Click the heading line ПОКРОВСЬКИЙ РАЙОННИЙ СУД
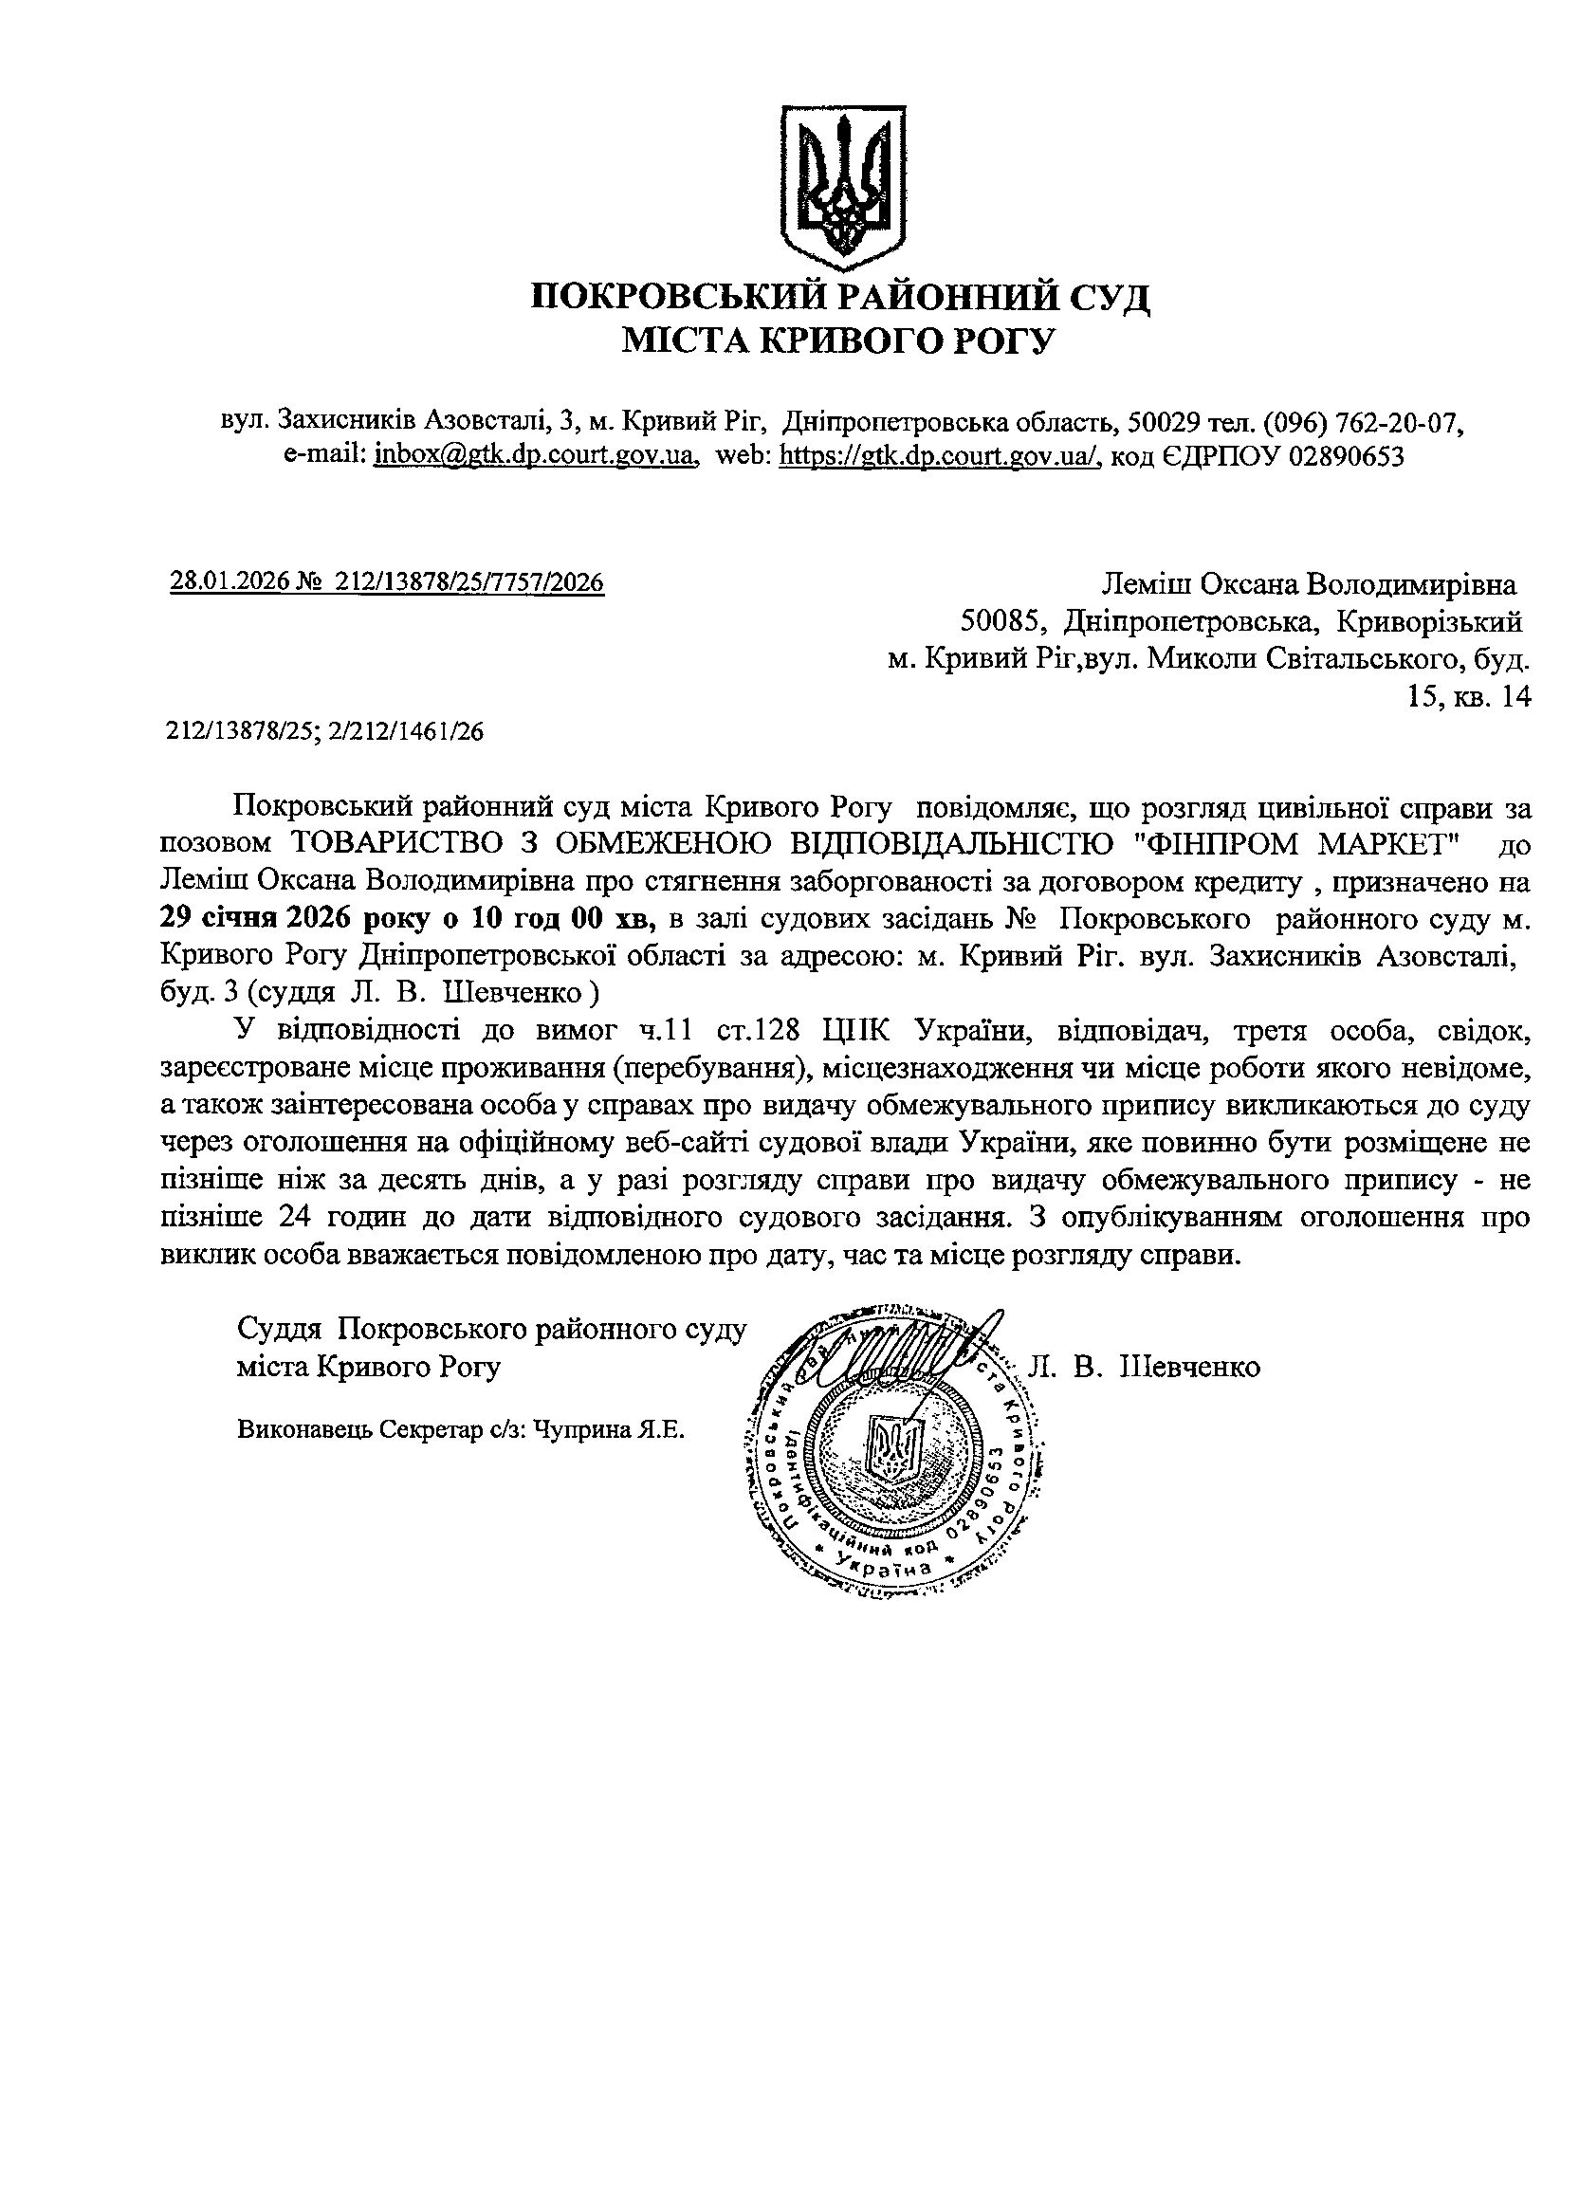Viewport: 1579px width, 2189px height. point(840,295)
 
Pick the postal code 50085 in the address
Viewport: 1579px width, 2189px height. point(998,620)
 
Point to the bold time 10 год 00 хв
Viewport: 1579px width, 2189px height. point(562,918)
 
